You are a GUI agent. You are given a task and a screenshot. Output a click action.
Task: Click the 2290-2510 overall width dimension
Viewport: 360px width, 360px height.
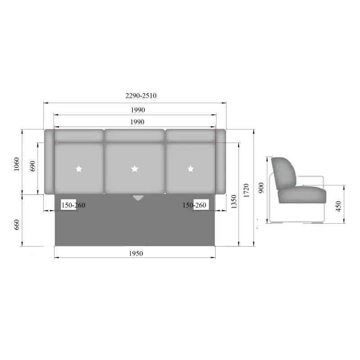(x=141, y=95)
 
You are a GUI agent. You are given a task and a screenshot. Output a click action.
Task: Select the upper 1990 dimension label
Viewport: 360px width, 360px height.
(x=138, y=110)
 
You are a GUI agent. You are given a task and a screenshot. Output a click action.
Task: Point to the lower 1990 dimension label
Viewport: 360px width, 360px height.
(x=137, y=122)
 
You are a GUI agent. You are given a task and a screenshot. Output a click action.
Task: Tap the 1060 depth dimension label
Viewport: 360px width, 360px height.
(x=17, y=164)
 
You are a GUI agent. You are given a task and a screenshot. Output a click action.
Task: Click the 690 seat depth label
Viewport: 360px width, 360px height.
(x=32, y=166)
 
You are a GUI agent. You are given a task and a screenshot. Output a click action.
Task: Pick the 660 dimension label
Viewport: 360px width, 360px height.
(x=17, y=225)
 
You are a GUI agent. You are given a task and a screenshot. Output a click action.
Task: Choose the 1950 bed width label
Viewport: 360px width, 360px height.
(x=136, y=253)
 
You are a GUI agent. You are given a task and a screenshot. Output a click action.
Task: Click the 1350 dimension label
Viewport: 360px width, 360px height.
(x=234, y=202)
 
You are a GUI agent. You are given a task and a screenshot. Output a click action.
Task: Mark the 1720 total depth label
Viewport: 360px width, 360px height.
(x=246, y=190)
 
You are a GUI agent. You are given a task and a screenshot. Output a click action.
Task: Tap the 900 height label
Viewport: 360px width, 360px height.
(x=261, y=188)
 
